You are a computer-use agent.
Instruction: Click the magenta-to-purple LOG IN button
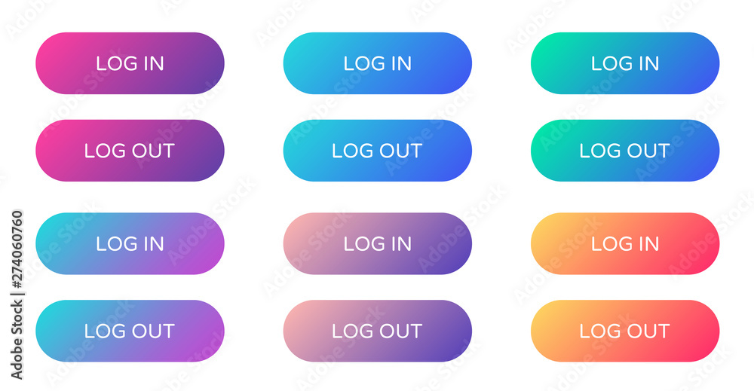tap(130, 63)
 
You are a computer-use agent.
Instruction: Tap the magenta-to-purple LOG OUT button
tap(130, 151)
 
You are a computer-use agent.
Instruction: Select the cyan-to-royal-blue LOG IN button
tap(378, 63)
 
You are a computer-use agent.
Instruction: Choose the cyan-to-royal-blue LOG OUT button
tap(378, 151)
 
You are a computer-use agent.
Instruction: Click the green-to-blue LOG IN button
tap(625, 63)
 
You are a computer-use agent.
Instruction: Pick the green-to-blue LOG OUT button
tap(625, 151)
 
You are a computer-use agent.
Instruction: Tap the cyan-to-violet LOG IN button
tap(130, 243)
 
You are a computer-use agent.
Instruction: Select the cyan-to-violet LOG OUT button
tap(130, 331)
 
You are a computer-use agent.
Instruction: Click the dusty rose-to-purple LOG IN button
tap(378, 243)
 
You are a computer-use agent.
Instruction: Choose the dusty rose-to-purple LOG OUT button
tap(378, 331)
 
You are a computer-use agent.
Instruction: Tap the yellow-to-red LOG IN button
tap(625, 243)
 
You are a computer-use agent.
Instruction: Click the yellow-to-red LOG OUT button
tap(625, 331)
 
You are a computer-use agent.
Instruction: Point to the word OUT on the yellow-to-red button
tap(648, 331)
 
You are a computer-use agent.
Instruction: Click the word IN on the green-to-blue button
tap(648, 63)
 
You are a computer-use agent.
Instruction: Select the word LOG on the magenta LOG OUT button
tap(105, 151)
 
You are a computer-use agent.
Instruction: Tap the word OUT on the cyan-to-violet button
tap(152, 331)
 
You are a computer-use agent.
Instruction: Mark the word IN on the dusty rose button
tap(400, 243)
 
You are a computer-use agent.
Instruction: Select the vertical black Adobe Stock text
tap(17, 339)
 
